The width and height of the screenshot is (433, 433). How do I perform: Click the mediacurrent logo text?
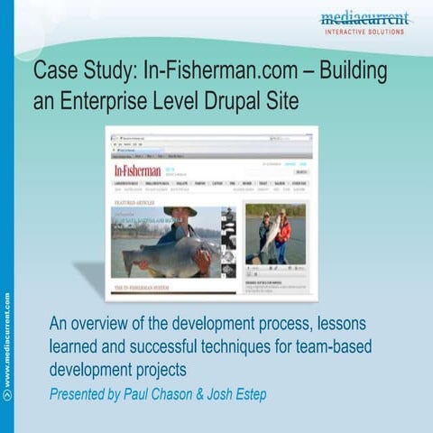click(364, 18)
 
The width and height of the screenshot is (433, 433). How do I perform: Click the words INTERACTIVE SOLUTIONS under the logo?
click(364, 32)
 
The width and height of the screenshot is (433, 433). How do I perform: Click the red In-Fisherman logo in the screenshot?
click(137, 170)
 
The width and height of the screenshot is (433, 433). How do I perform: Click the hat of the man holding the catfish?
click(180, 211)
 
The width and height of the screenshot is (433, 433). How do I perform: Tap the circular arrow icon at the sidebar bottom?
click(7, 394)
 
